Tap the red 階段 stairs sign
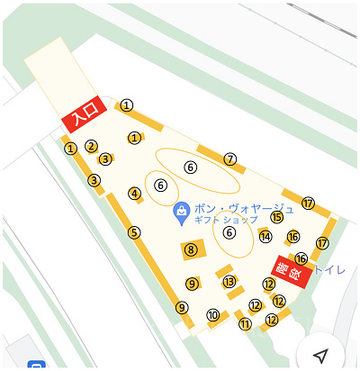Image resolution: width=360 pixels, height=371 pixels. pyautogui.click(x=292, y=270)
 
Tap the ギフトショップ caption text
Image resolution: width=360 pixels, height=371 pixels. pyautogui.click(x=226, y=220)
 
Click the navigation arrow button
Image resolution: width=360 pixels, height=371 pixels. pyautogui.click(x=320, y=355)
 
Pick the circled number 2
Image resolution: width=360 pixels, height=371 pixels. pyautogui.click(x=91, y=146)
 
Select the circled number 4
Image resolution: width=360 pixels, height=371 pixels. pyautogui.click(x=135, y=194)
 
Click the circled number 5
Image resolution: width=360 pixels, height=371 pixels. pyautogui.click(x=134, y=232)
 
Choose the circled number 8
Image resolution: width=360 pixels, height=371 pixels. pyautogui.click(x=191, y=249)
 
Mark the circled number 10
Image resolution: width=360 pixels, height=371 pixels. pyautogui.click(x=213, y=315)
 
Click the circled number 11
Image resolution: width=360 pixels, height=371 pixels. pyautogui.click(x=245, y=324)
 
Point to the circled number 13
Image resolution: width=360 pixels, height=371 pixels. pyautogui.click(x=229, y=282)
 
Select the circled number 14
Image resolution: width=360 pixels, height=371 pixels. pyautogui.click(x=265, y=237)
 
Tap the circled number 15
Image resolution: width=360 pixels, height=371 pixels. pyautogui.click(x=276, y=217)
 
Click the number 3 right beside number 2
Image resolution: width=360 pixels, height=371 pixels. pyautogui.click(x=105, y=159)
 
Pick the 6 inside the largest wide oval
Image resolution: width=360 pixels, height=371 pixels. pyautogui.click(x=190, y=167)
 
